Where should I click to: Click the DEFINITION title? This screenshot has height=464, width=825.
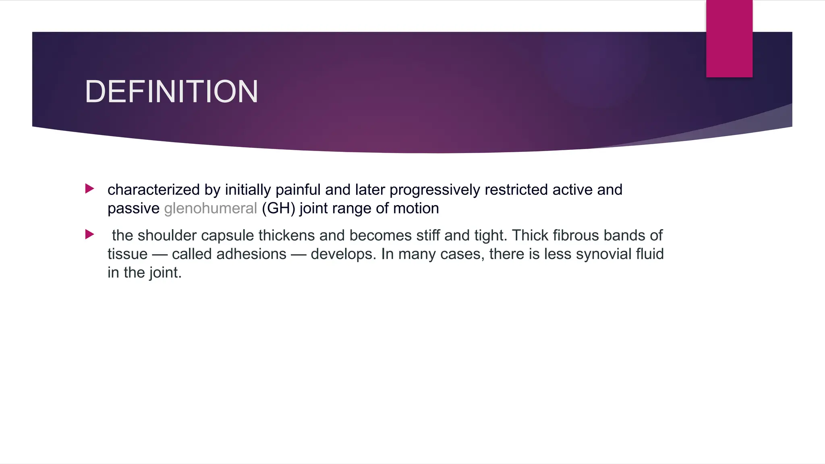171,91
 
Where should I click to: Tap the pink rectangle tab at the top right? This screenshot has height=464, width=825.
729,39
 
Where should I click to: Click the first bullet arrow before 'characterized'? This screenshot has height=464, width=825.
90,188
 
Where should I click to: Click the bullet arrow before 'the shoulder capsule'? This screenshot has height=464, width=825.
90,234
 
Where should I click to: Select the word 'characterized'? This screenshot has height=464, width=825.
153,190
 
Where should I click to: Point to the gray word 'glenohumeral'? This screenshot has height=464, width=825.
210,208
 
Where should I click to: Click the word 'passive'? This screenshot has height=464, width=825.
133,208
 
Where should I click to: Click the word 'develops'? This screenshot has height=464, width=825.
342,254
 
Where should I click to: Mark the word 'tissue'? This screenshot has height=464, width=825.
127,254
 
